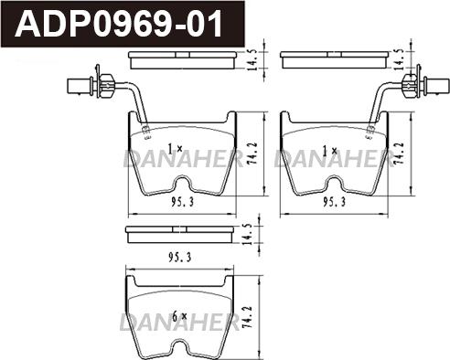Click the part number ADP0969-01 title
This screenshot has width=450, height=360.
[x=119, y=24]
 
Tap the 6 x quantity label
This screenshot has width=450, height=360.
[x=179, y=317]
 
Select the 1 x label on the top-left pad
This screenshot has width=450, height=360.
[x=175, y=149]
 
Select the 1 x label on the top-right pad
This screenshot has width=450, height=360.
[x=329, y=151]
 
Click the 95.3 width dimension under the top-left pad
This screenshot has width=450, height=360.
[x=182, y=202]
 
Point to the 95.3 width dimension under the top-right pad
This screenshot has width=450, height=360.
[x=335, y=202]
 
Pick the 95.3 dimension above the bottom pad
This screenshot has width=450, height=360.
[x=180, y=258]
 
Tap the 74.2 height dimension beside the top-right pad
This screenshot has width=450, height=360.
[x=399, y=154]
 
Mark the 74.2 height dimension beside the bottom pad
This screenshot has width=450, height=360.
[x=248, y=317]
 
